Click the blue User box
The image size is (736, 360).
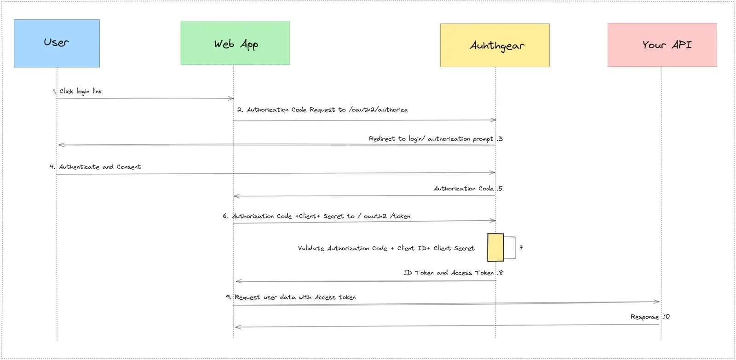point(57,43)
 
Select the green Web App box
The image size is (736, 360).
point(235,43)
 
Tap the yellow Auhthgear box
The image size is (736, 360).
point(495,46)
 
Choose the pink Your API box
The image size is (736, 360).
point(662,45)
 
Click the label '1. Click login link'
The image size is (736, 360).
point(77,91)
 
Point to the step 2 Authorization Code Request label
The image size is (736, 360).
point(322,110)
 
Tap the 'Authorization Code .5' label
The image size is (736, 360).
point(468,189)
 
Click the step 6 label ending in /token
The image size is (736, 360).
point(316,216)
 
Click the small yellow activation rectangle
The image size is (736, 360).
point(495,247)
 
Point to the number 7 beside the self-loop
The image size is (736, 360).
point(521,248)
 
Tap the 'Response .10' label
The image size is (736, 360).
point(650,317)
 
